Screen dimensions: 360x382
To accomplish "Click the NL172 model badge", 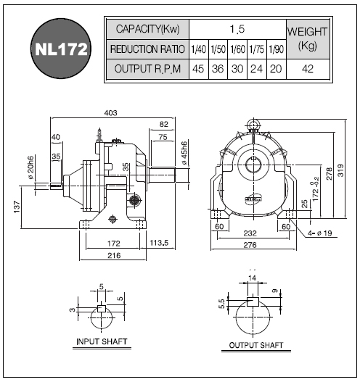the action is pos(61,49).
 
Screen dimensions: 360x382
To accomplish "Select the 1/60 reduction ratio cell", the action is pos(237,49).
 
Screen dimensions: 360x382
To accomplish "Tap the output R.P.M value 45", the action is pos(198,69).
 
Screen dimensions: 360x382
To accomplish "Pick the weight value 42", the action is pos(308,69).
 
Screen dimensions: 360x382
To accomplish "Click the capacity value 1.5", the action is pos(237,29).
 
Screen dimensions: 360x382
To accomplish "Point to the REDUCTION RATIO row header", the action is pos(147,49).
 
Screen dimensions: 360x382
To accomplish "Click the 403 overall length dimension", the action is pos(111,113).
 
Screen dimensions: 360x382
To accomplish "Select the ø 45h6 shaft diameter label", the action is pos(184,153).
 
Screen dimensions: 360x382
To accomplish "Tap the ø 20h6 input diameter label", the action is pos(30,167).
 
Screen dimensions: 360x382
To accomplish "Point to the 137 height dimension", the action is pos(17,207).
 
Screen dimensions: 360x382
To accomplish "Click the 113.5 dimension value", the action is pos(159,243).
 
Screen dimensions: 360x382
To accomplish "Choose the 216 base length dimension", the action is pos(114,255).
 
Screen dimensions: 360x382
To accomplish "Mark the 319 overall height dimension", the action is pos(340,170).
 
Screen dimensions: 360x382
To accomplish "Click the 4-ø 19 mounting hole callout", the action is pos(320,233).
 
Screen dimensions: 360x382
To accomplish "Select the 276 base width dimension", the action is pos(250,244).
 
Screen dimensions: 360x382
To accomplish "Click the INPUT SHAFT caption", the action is pos(102,341).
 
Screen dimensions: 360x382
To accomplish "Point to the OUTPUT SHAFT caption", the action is pos(256,345).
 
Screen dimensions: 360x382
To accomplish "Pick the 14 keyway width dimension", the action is pos(253,278).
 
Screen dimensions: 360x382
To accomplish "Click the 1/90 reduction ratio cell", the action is pos(277,49).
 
